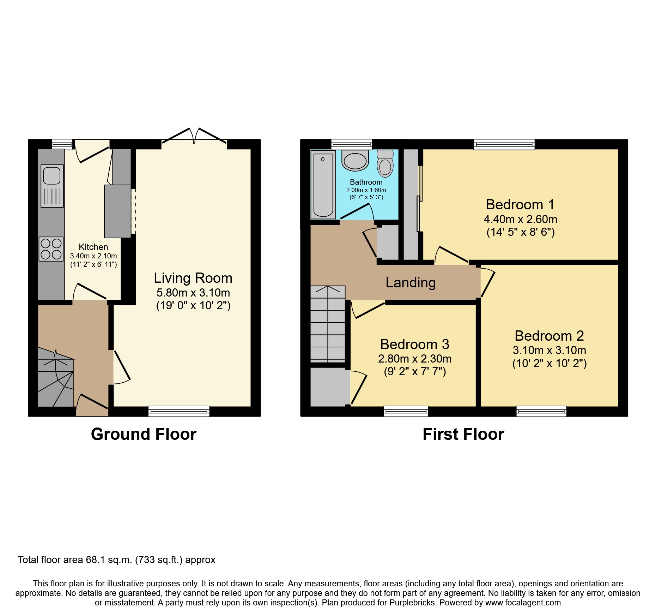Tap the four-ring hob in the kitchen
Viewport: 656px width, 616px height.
(51, 249)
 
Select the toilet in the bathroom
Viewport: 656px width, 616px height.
(385, 165)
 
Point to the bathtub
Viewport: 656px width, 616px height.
(323, 185)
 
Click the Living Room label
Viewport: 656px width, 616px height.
(193, 278)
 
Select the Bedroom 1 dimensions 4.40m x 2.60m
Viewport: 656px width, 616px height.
(520, 219)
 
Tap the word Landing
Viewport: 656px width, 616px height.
(411, 283)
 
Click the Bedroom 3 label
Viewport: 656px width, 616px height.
(414, 344)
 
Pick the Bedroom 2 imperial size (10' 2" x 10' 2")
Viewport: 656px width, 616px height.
(549, 363)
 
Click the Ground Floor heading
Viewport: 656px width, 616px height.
(144, 434)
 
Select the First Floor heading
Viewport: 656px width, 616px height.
(463, 434)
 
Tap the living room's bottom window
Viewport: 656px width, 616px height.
(179, 411)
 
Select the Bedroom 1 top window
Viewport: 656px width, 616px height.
(504, 144)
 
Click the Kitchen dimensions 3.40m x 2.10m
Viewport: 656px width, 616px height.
(93, 256)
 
